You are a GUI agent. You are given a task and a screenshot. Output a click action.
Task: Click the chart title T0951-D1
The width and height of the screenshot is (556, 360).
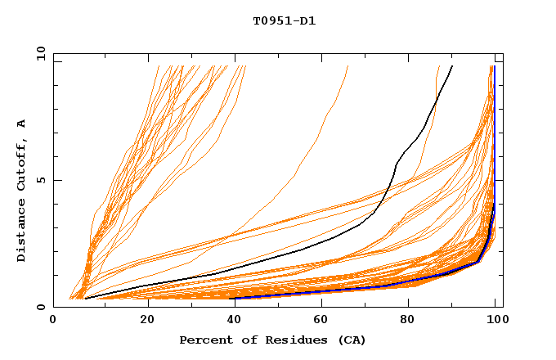(284, 21)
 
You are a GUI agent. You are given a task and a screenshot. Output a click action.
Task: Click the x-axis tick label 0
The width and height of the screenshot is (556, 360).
(54, 321)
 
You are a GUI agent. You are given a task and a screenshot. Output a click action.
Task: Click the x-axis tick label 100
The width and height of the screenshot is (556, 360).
(494, 321)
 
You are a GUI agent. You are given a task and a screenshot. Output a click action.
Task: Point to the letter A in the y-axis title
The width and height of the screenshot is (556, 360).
(22, 124)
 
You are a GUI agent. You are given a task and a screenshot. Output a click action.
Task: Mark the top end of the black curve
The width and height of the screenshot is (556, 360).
(452, 66)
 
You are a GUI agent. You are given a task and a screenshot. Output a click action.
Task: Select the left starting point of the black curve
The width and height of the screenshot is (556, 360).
(85, 299)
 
